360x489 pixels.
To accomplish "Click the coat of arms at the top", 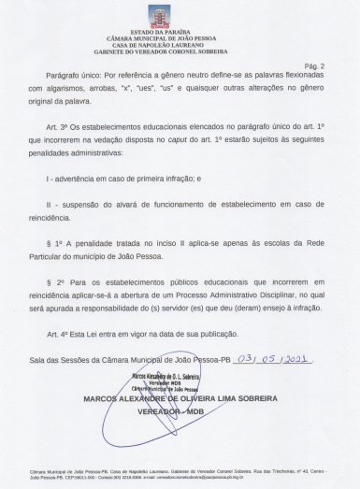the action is click(x=180, y=15).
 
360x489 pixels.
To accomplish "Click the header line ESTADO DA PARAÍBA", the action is click(x=180, y=32).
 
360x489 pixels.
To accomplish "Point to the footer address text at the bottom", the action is click(x=180, y=475).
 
